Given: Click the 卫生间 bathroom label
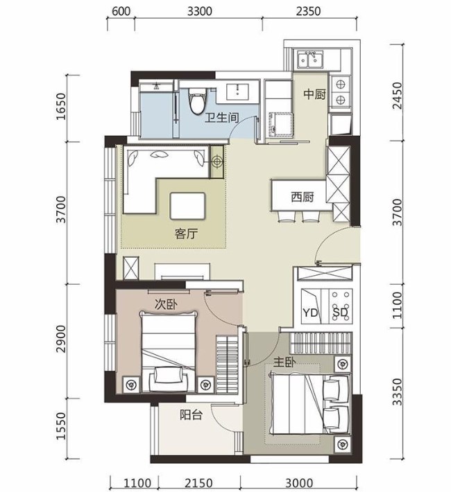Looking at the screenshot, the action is pyautogui.click(x=222, y=118).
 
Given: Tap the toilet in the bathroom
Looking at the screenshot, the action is pyautogui.click(x=198, y=100).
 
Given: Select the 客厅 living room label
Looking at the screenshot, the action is pyautogui.click(x=186, y=234).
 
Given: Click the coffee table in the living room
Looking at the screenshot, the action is pyautogui.click(x=187, y=206).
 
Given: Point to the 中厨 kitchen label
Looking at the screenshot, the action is pyautogui.click(x=314, y=94).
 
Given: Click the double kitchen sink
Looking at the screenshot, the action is pyautogui.click(x=309, y=60).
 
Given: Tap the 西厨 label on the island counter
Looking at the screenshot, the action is pyautogui.click(x=303, y=197).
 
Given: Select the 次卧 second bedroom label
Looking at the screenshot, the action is pyautogui.click(x=166, y=304).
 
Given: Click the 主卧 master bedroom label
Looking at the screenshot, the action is pyautogui.click(x=284, y=362).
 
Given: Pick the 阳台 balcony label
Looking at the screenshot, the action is pyautogui.click(x=191, y=415).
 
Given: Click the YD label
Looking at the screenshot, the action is pyautogui.click(x=310, y=313).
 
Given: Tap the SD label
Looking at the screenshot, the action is pyautogui.click(x=340, y=313).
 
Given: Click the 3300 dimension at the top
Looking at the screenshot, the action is pyautogui.click(x=200, y=11).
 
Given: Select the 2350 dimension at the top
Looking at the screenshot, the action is pyautogui.click(x=308, y=11).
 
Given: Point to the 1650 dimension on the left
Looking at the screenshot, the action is pyautogui.click(x=61, y=107).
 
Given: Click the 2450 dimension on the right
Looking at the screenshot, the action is pyautogui.click(x=398, y=96).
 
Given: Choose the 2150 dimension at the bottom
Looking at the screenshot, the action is pyautogui.click(x=199, y=483).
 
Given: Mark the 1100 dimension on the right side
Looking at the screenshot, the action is pyautogui.click(x=398, y=306).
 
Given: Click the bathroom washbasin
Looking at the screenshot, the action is pyautogui.click(x=238, y=91).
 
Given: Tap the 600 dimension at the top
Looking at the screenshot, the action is pyautogui.click(x=121, y=11).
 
